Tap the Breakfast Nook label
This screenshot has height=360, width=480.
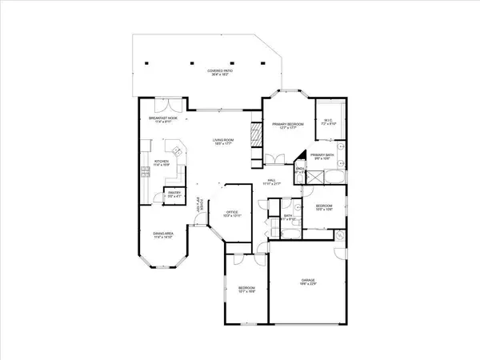click(162, 121)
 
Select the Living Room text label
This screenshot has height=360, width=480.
click(222, 142)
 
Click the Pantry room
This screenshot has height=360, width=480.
click(173, 194)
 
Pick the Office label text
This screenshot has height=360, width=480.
click(231, 214)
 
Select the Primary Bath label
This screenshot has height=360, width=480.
click(321, 157)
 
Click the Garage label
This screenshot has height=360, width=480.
click(307, 282)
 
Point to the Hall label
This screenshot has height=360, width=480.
click(272, 183)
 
